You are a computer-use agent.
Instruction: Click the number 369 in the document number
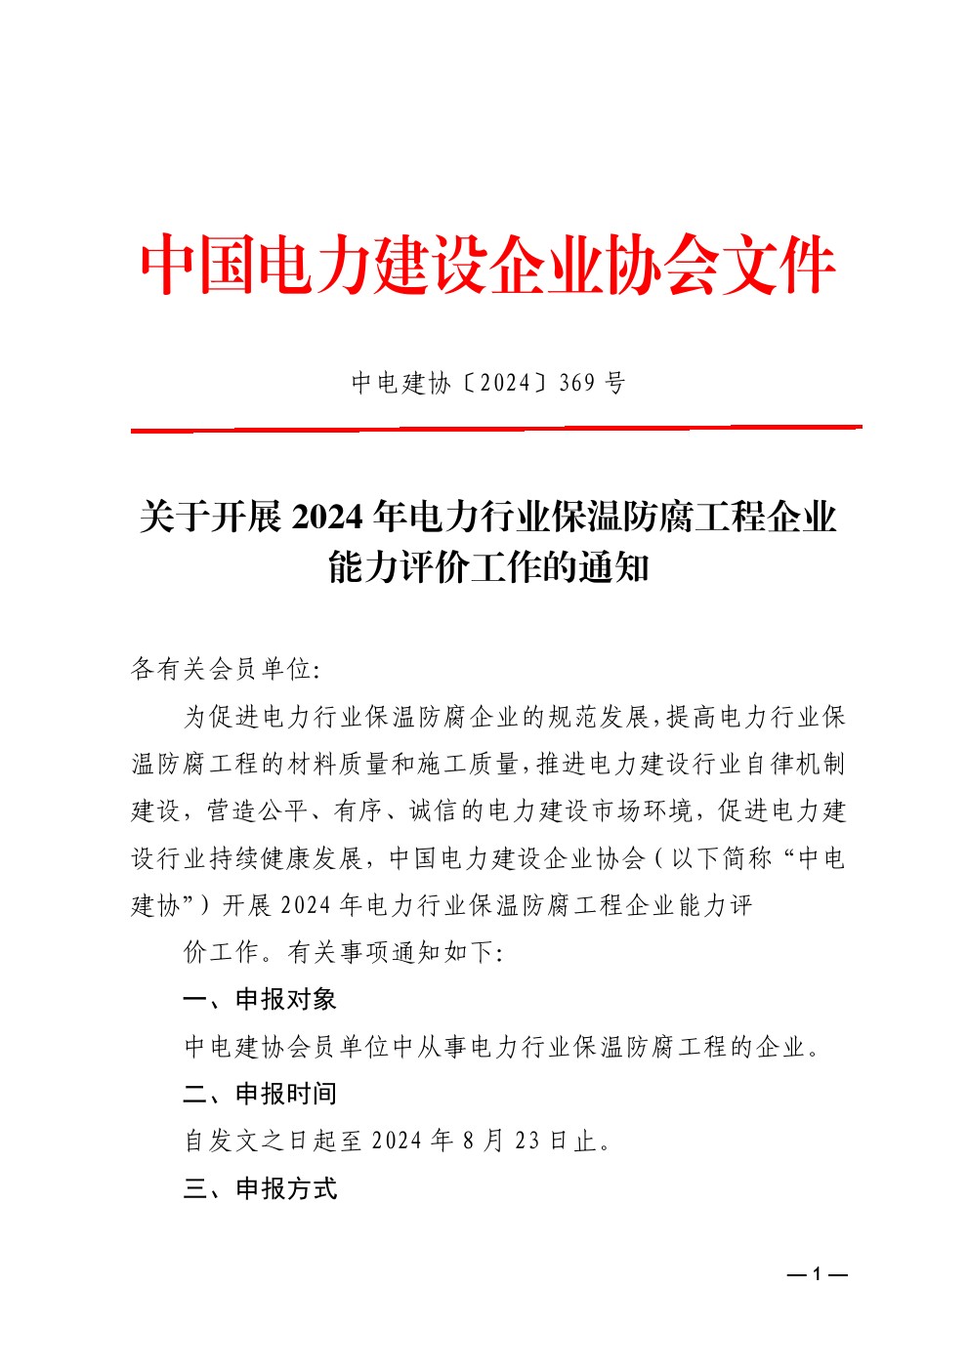577,383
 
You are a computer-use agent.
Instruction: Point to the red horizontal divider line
496,429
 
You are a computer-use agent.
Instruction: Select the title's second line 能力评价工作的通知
488,566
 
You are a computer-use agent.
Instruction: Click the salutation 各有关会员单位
221,670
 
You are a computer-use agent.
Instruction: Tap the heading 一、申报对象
260,999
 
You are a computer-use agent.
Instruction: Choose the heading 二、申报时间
260,1094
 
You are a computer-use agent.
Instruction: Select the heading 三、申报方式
260,1188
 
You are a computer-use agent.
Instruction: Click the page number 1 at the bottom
817,1274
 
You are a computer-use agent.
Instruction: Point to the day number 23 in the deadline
527,1141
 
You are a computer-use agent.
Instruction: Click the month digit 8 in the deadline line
470,1141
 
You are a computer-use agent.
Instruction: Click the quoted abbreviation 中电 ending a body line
821,858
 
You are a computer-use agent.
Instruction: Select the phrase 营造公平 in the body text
252,811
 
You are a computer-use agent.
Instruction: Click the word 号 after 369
615,383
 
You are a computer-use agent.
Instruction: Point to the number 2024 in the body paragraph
307,905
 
